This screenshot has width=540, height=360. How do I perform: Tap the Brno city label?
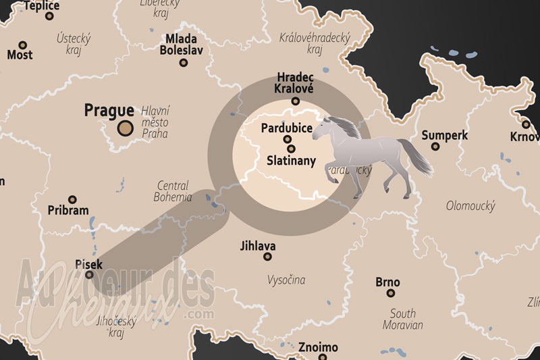pyautogui.click(x=387, y=282)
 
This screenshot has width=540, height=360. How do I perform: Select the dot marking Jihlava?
pyautogui.click(x=267, y=257)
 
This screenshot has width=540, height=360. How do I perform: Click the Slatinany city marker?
pyautogui.click(x=291, y=149)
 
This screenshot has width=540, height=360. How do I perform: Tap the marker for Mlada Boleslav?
pyautogui.click(x=183, y=63)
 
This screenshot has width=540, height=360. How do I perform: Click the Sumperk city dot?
pyautogui.click(x=435, y=146)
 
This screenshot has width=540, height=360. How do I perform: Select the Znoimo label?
pyautogui.click(x=318, y=347)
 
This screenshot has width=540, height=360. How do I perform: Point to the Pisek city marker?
pyautogui.click(x=89, y=274)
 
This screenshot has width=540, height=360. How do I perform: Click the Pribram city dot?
pyautogui.click(x=72, y=199)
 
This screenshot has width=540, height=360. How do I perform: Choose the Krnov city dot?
pyautogui.click(x=526, y=124)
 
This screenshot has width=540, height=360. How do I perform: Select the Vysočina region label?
pyautogui.click(x=286, y=279)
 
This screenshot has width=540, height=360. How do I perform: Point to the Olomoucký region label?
pyautogui.click(x=470, y=205)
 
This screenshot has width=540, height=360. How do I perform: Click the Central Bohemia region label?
pyautogui.click(x=173, y=191)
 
